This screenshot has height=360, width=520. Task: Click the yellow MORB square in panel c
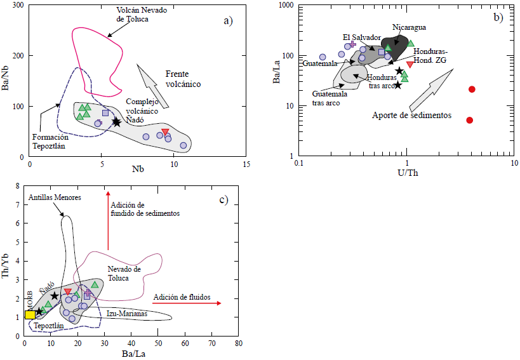tap(29, 314)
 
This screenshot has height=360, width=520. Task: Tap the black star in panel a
tap(116, 122)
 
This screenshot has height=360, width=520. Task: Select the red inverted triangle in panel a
tap(166, 132)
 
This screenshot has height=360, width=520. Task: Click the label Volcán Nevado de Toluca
tap(141, 15)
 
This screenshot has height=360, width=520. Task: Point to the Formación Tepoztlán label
tap(49, 141)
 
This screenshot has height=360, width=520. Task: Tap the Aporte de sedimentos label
tap(411, 116)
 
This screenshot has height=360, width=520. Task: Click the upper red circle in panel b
tap(472, 90)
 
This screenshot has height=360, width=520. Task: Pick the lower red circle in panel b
tap(470, 120)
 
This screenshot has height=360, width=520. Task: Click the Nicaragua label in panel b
tap(409, 27)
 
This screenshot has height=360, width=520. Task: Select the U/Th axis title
tap(406, 173)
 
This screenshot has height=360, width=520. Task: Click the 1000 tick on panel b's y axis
tap(287, 6)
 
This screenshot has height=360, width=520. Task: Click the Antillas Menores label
tap(54, 198)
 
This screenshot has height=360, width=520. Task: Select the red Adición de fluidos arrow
tap(187, 303)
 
